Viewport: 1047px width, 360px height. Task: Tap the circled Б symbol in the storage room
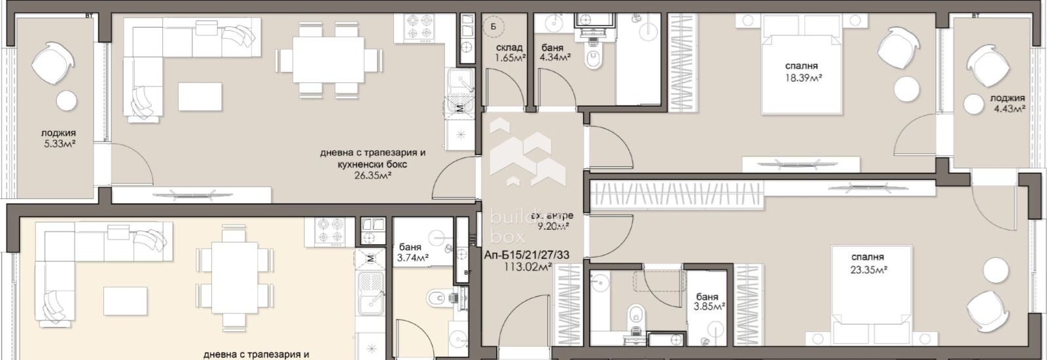(493, 27)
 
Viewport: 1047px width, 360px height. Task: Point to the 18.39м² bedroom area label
(802, 77)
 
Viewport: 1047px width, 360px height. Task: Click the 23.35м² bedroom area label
(868, 268)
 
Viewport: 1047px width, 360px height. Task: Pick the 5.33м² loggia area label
(58, 144)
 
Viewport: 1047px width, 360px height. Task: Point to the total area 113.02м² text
(527, 266)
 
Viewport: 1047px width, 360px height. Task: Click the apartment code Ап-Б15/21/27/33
(527, 254)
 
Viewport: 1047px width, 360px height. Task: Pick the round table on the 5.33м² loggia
(65, 101)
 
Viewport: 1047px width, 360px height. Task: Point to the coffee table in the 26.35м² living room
(200, 97)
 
